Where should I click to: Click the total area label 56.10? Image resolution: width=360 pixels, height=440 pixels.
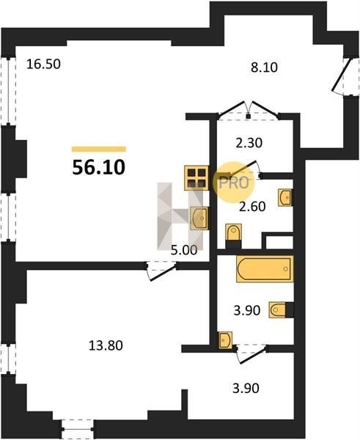click(98, 167)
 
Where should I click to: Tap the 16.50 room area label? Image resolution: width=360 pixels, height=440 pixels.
click(43, 65)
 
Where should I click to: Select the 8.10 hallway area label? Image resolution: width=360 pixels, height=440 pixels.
click(264, 67)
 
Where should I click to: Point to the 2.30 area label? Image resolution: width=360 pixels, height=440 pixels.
click(249, 143)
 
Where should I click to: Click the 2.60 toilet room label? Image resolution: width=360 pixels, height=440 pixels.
click(252, 207)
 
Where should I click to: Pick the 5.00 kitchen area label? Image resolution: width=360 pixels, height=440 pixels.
click(184, 250)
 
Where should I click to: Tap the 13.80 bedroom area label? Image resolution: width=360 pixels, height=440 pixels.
click(106, 345)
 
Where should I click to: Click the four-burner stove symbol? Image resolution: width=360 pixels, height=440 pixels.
click(196, 178)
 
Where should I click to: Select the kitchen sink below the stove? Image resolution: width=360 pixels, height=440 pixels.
click(199, 219)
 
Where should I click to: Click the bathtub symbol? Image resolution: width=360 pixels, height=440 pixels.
click(265, 268)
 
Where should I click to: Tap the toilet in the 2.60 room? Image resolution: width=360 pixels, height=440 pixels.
click(233, 235)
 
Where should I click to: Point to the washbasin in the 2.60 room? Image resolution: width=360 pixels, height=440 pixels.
click(285, 197)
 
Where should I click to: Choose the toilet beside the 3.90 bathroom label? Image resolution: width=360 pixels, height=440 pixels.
click(281, 309)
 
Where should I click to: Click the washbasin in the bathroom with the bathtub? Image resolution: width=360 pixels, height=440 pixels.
click(225, 340)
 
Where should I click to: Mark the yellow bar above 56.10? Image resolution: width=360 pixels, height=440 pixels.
click(99, 149)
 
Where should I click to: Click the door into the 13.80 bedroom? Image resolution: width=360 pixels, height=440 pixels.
click(161, 271)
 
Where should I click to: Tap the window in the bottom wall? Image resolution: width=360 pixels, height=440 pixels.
click(78, 429)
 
